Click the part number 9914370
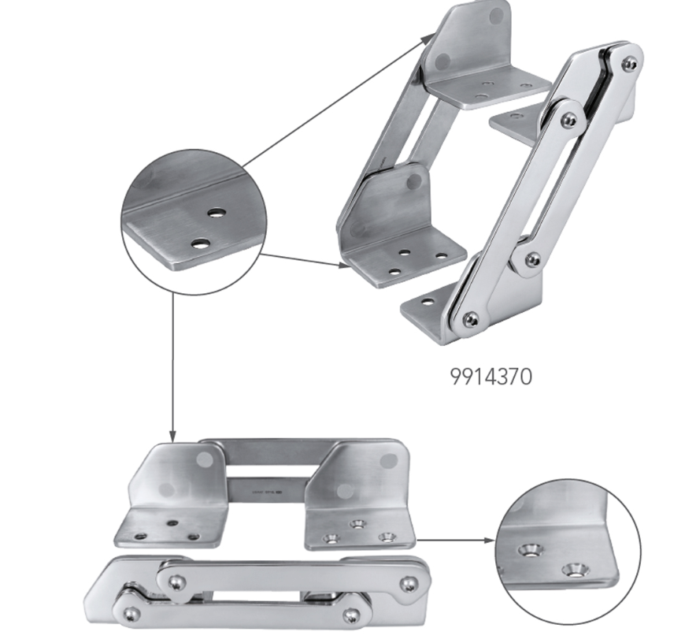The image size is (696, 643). pos(491,377)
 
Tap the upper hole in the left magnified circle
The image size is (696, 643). pos(217,213)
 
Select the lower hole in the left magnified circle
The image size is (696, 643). pos(201,243)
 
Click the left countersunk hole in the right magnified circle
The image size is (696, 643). pos(530,550)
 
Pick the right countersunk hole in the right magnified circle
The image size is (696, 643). pos(574,569)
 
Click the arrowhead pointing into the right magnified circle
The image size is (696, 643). pos(489,541)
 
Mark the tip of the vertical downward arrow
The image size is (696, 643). pos(172,442)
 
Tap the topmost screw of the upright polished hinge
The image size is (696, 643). pos(631,64)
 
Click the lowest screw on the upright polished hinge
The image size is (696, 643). pos(471,318)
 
